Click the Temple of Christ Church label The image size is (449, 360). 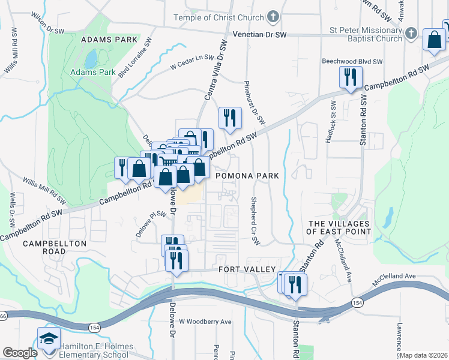tap(218, 17)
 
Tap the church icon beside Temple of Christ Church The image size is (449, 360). tap(273, 16)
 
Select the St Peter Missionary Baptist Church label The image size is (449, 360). tap(365, 35)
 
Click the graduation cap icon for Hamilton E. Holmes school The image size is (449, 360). tap(49, 340)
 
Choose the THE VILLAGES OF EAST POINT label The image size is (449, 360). tap(339, 227)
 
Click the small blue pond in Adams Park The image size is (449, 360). tap(91, 59)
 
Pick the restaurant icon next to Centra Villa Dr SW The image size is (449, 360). tap(229, 118)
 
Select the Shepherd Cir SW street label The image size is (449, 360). tap(255, 221)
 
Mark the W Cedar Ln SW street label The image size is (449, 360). tap(192, 62)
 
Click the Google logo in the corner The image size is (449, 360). tap(20, 353)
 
